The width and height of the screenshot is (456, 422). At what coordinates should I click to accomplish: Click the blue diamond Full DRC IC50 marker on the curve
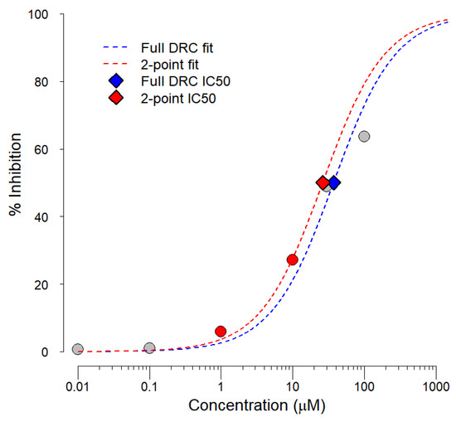coord(334,183)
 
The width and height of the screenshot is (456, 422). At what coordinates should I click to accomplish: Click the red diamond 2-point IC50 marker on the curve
coord(323,183)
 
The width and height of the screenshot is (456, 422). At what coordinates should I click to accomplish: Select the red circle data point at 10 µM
coord(292,260)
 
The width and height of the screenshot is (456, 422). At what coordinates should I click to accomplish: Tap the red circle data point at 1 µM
coord(221,332)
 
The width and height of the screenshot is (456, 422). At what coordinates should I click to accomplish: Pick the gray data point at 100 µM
coord(364,136)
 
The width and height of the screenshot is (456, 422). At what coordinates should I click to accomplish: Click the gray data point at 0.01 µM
coord(77,349)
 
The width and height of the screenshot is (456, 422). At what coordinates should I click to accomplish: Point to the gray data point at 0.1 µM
coord(149,348)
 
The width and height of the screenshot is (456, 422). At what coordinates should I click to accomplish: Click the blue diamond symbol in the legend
coord(117,80)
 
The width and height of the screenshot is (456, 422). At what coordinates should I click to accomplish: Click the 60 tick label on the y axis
coord(39,149)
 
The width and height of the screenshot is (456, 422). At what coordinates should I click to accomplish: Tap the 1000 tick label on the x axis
coord(434,386)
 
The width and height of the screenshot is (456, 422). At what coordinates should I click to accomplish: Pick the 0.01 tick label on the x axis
coord(77,386)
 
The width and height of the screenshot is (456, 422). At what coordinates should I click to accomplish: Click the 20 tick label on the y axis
coord(39,284)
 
